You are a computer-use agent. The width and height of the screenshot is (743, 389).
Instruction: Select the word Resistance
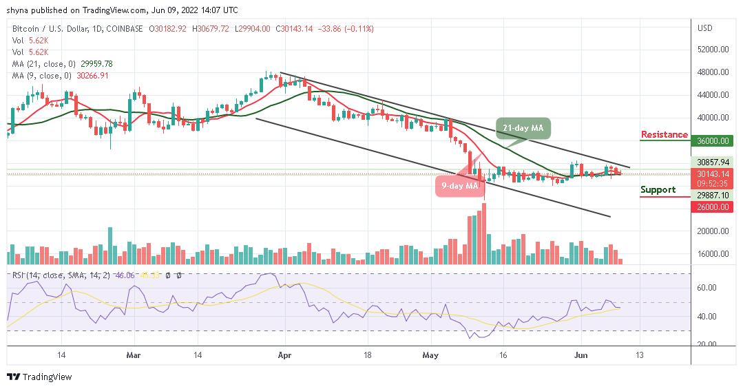click(x=664, y=134)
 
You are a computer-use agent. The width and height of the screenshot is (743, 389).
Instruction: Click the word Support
click(x=658, y=189)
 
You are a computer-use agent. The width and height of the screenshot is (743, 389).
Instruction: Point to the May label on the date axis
click(x=430, y=355)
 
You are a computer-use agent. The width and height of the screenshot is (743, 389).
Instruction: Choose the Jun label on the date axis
click(x=580, y=355)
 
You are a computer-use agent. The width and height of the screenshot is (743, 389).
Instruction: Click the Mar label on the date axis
click(x=134, y=355)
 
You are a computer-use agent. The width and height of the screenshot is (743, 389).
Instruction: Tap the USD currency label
click(x=704, y=28)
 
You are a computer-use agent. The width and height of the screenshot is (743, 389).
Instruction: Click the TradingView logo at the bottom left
click(x=39, y=377)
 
